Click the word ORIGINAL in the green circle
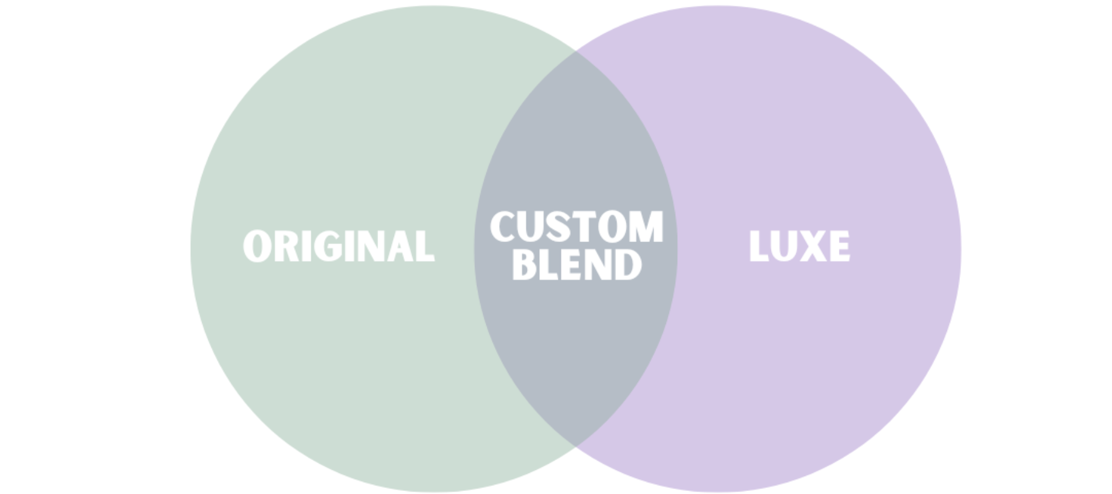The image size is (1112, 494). tap(339, 246)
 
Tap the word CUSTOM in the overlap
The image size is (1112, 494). tap(576, 227)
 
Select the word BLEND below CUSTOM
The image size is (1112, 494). tap(576, 265)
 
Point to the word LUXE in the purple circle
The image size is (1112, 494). tap(799, 246)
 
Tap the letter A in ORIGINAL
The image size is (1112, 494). tap(400, 246)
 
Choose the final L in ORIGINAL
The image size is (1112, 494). tap(424, 246)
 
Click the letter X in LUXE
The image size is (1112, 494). tap(812, 246)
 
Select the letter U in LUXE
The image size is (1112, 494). tap(784, 246)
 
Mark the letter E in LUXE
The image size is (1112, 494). tap(838, 246)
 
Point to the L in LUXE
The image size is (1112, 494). tap(759, 246)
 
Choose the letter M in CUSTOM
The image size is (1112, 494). tap(646, 227)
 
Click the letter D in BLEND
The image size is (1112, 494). tap(628, 265)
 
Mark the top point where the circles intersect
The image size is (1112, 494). tap(576, 51)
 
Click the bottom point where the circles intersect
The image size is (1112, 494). tap(576, 446)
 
